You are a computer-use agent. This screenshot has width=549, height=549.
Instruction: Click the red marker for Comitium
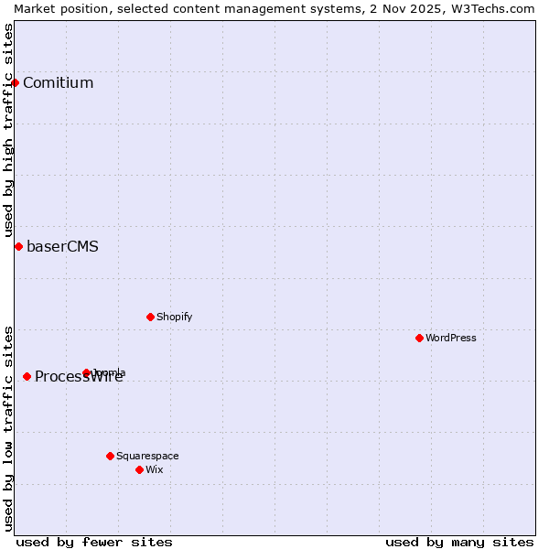tap(15, 82)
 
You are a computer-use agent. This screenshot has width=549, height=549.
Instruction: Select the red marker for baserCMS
tap(18, 246)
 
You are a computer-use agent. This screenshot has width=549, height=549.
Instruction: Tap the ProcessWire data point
tap(27, 376)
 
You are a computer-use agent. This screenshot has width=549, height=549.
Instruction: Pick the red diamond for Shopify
tap(150, 317)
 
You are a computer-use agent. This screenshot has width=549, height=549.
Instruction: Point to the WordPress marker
tap(420, 338)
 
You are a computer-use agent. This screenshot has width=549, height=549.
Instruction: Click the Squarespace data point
tap(110, 456)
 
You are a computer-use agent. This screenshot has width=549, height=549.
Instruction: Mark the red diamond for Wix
tap(139, 469)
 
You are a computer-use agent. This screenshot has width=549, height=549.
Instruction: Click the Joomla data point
tap(87, 372)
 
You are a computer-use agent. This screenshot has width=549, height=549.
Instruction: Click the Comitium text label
tap(58, 83)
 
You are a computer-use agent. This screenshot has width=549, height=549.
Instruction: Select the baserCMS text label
tap(62, 247)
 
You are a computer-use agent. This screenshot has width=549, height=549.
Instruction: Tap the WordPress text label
tap(451, 338)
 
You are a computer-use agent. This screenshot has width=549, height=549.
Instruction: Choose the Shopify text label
tap(174, 317)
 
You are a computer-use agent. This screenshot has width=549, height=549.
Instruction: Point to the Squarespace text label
tap(147, 456)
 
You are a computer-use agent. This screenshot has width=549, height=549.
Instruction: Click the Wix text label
tap(154, 469)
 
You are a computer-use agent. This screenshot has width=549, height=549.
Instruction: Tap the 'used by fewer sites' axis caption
tap(94, 542)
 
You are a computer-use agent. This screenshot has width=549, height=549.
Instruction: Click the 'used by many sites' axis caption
tap(459, 542)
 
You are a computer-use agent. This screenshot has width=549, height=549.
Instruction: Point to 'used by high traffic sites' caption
tap(8, 130)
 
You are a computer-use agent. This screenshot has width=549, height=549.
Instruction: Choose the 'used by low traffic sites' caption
tap(8, 427)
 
